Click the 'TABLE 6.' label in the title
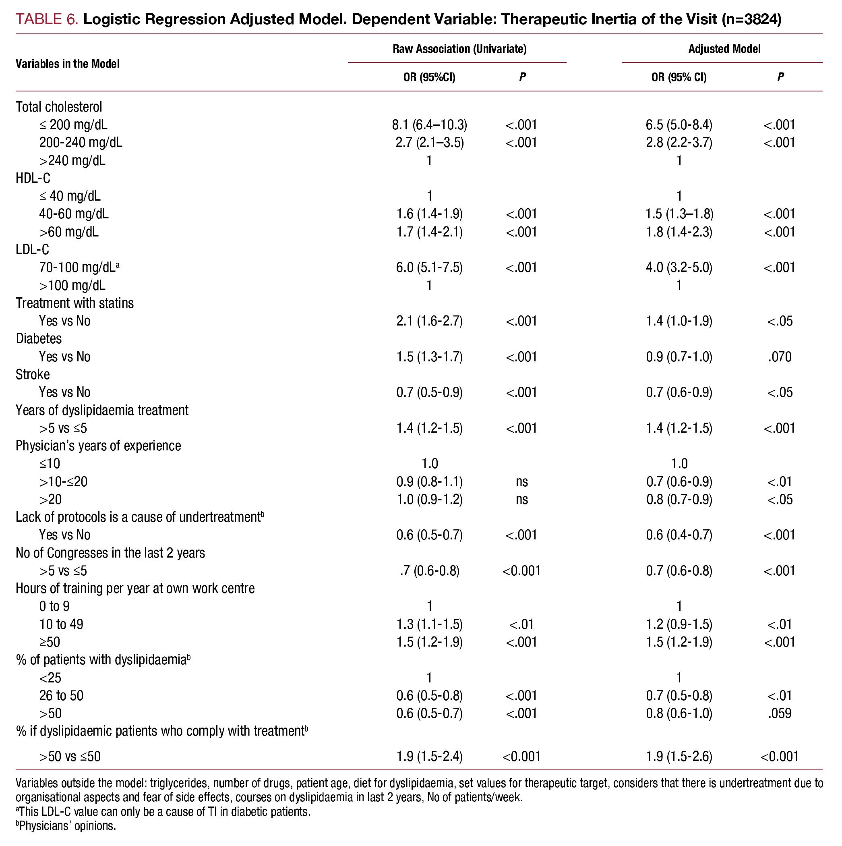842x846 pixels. pyautogui.click(x=47, y=20)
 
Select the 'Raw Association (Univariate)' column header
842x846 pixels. pyautogui.click(x=459, y=49)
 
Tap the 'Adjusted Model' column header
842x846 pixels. pyautogui.click(x=724, y=49)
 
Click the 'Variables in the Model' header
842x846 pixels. pyautogui.click(x=67, y=64)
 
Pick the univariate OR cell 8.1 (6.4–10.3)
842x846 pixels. pyautogui.click(x=429, y=125)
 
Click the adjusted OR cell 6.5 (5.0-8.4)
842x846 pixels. pyautogui.click(x=679, y=125)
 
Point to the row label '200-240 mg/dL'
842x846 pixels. pyautogui.click(x=81, y=143)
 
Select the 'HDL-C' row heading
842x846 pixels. pyautogui.click(x=33, y=178)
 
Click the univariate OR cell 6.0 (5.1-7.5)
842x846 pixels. pyautogui.click(x=429, y=267)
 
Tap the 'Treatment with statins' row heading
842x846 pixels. pyautogui.click(x=74, y=303)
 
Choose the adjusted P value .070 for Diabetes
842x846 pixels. pyautogui.click(x=780, y=357)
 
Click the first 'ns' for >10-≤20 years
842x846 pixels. pyautogui.click(x=521, y=482)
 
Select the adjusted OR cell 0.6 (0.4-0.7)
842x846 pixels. pyautogui.click(x=679, y=535)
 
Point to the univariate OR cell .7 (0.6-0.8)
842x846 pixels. pyautogui.click(x=429, y=571)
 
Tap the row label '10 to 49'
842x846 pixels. pyautogui.click(x=61, y=624)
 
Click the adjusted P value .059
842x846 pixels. pyautogui.click(x=780, y=714)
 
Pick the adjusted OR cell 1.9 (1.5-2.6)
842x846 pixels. pyautogui.click(x=679, y=756)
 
